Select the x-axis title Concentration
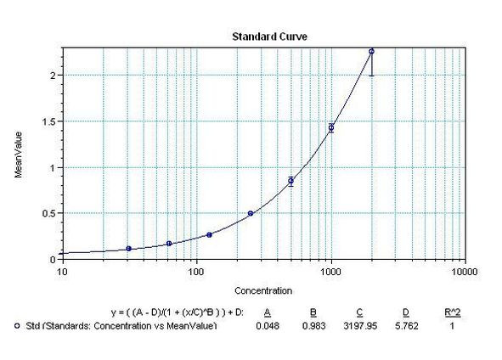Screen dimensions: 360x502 point(263,290)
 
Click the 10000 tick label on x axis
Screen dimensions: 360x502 point(463,273)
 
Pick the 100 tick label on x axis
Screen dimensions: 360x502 point(195,273)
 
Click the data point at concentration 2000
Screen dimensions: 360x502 point(371,52)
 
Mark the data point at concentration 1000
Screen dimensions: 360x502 point(331,128)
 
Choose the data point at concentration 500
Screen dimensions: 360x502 point(290,181)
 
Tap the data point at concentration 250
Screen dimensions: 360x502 point(251,213)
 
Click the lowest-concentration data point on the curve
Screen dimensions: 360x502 point(129,249)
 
